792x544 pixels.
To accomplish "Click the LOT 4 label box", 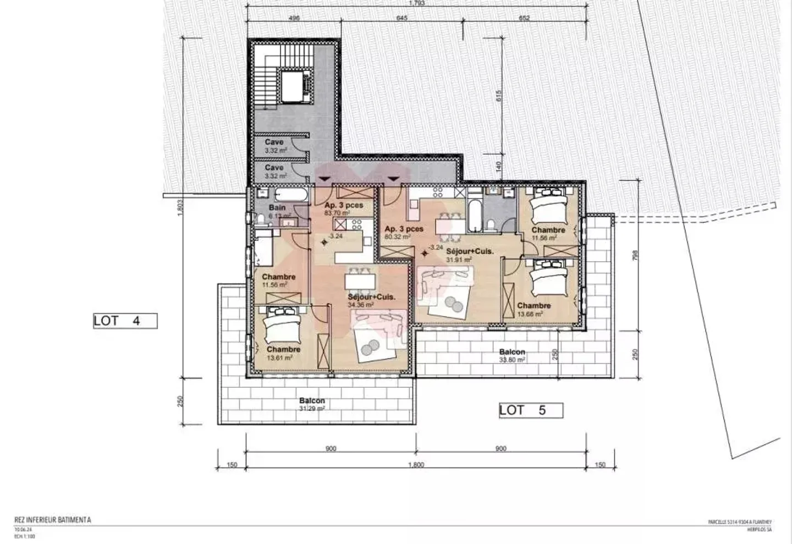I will (x=125, y=321).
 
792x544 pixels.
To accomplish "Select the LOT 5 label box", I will (x=531, y=410).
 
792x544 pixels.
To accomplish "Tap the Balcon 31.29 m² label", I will (x=312, y=404).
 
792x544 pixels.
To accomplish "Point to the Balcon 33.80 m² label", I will (x=512, y=355).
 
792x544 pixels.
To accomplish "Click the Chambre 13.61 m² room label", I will (x=283, y=353).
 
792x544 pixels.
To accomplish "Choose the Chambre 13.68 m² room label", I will (x=533, y=309).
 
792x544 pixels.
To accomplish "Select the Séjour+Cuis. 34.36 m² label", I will (x=371, y=300).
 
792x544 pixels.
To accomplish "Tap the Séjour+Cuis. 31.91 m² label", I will (x=469, y=255).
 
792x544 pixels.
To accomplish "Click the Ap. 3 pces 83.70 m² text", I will (x=344, y=208).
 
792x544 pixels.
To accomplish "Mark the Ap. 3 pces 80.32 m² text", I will (x=404, y=232).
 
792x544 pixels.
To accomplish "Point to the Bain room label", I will (x=278, y=211).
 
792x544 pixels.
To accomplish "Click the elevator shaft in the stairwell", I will (x=293, y=86).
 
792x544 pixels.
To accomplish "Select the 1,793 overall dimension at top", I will (x=416, y=3).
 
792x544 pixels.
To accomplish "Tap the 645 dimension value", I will (x=402, y=18).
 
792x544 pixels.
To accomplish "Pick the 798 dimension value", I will (x=635, y=256).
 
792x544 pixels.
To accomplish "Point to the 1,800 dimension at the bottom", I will (x=416, y=465).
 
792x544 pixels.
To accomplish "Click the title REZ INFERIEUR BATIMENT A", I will (x=53, y=520).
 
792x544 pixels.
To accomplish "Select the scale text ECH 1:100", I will (x=24, y=536).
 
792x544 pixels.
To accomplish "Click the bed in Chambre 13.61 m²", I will (x=282, y=325).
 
